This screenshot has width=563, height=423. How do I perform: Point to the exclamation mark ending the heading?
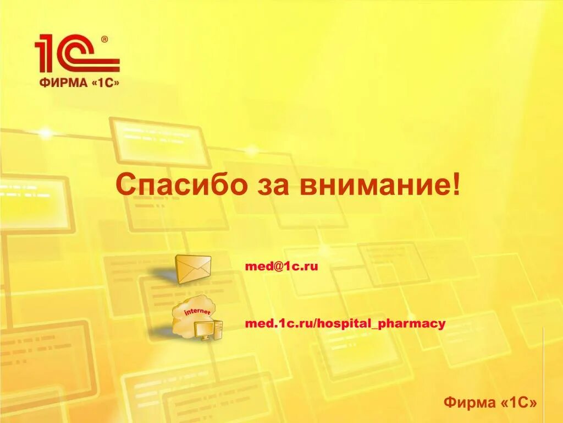(456, 185)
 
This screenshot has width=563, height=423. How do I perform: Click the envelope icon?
(193, 269)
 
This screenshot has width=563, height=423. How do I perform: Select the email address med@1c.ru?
(281, 267)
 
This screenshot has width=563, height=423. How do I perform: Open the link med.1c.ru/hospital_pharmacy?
(345, 324)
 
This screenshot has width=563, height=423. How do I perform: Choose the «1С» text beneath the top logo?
(103, 83)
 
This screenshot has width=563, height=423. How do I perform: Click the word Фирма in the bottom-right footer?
(470, 403)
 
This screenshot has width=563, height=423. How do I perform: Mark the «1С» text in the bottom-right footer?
(519, 403)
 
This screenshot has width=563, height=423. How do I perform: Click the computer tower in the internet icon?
(219, 329)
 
